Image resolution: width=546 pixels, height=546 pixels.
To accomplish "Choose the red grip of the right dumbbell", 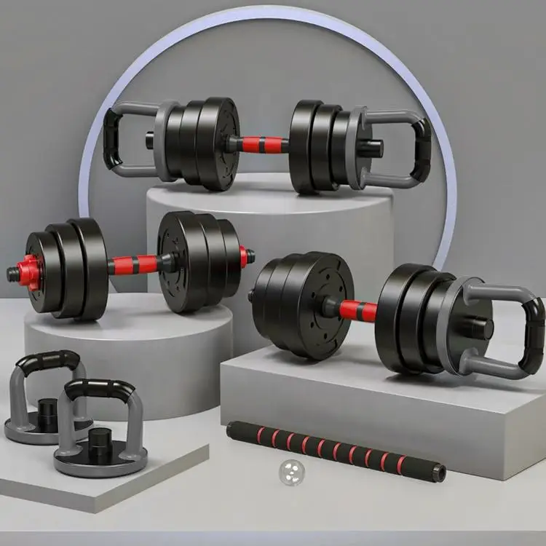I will (357, 311).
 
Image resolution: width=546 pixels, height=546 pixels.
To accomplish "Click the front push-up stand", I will (98, 430).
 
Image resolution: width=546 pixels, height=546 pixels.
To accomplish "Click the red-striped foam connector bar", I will (335, 451).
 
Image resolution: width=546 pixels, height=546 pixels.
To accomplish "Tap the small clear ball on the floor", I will (291, 473).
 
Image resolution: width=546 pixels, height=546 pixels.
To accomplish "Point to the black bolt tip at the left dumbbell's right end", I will (250, 256).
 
